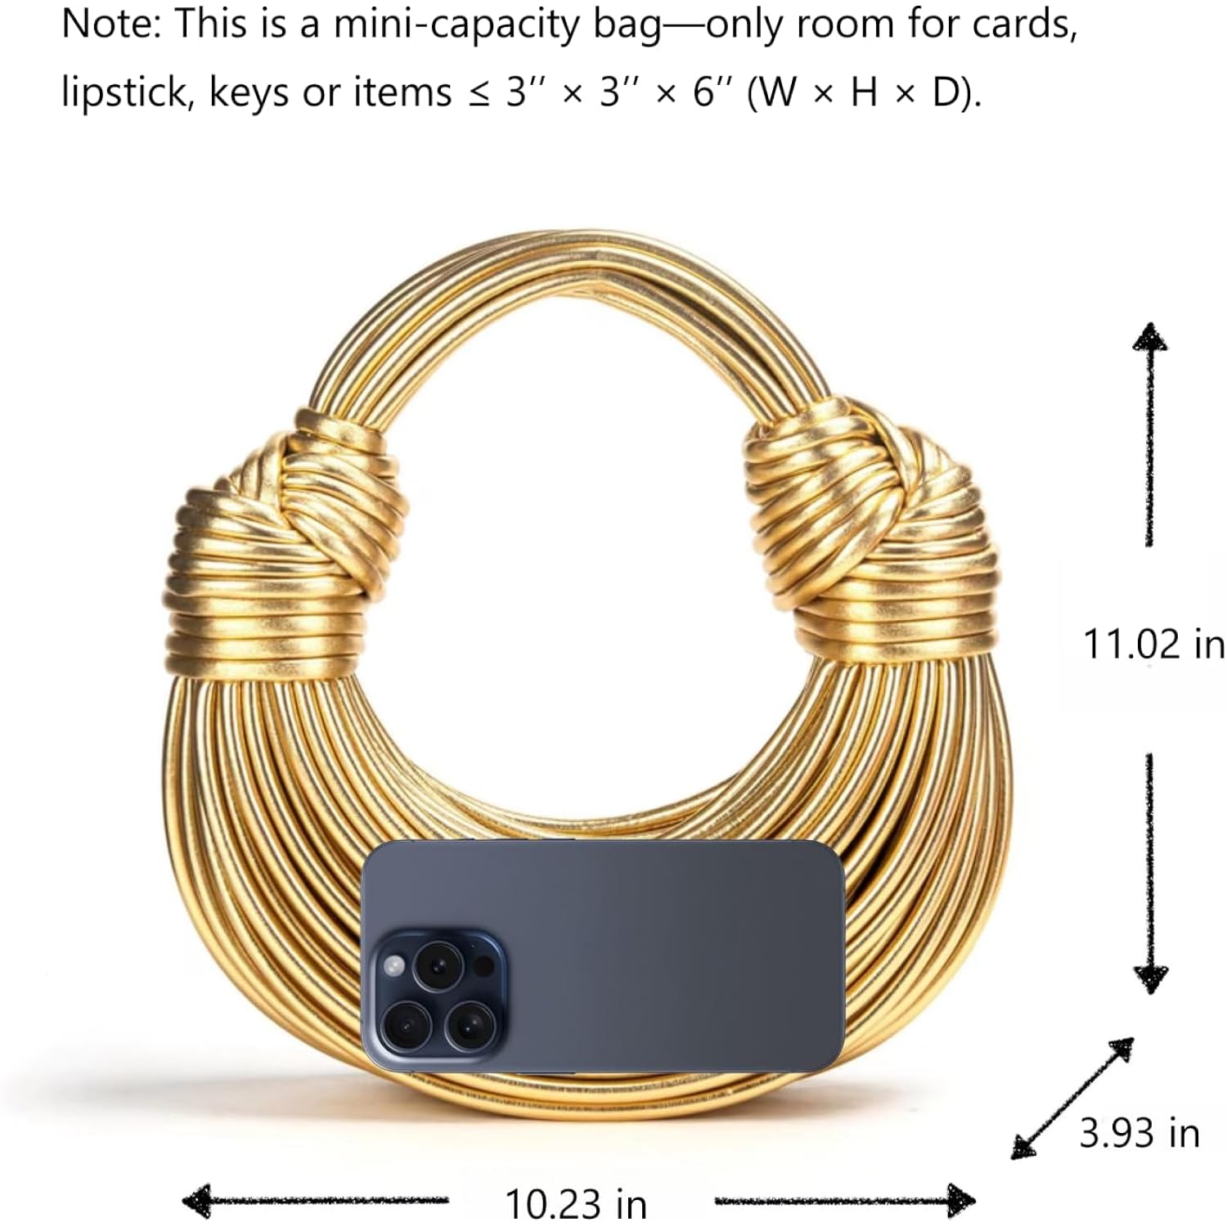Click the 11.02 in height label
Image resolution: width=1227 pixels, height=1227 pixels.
tap(1154, 644)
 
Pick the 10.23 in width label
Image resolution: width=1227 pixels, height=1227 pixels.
tap(576, 1203)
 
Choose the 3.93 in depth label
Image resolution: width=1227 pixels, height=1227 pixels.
tap(1139, 1133)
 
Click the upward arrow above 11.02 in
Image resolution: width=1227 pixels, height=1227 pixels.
tap(1150, 434)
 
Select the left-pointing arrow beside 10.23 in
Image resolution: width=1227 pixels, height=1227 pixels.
tap(315, 1201)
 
